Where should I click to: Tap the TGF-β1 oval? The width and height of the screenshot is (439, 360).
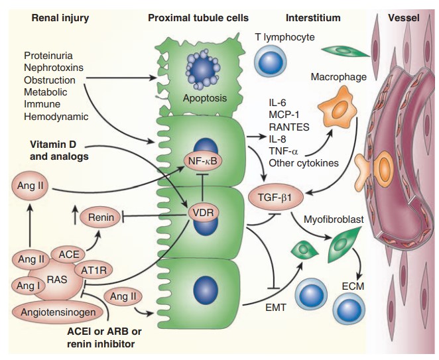pyautogui.click(x=271, y=196)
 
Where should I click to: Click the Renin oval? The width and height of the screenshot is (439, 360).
pyautogui.click(x=97, y=216)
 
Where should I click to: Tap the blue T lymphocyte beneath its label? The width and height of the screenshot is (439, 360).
pyautogui.click(x=270, y=60)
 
